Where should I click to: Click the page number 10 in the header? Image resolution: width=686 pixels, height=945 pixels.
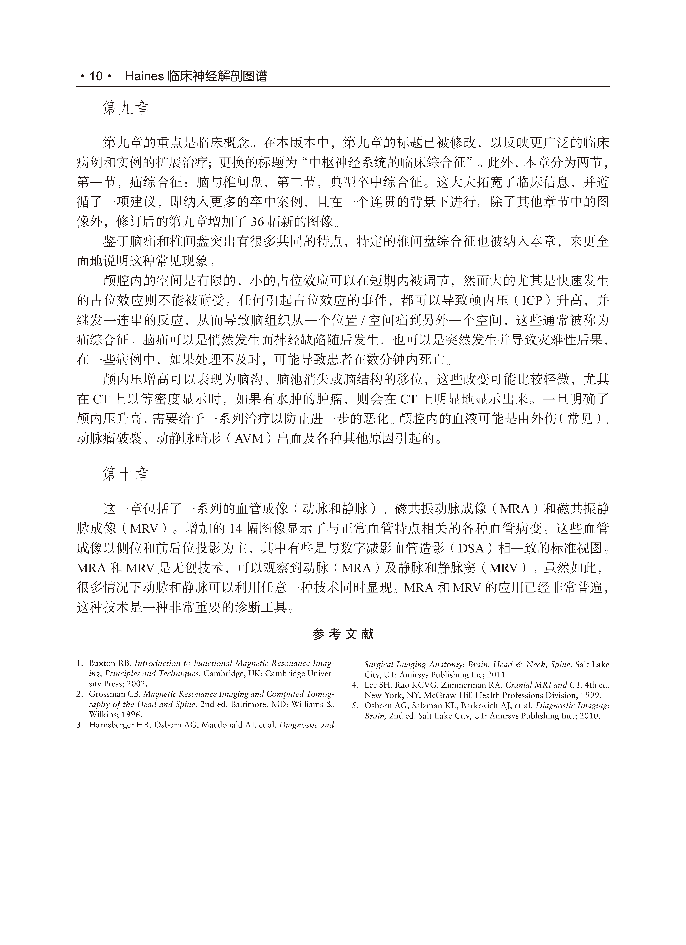(x=96, y=76)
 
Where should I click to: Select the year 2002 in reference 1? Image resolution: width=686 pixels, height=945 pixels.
(x=137, y=684)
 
